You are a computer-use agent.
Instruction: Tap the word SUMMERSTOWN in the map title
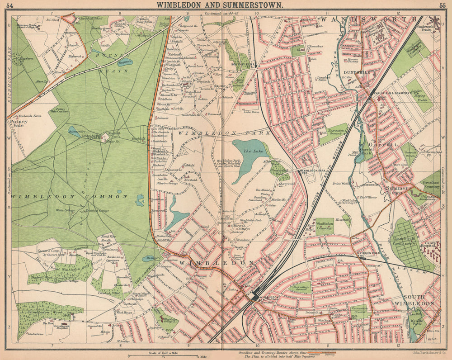pos(251,5)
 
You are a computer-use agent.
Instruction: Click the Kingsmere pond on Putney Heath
pos(124,62)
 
